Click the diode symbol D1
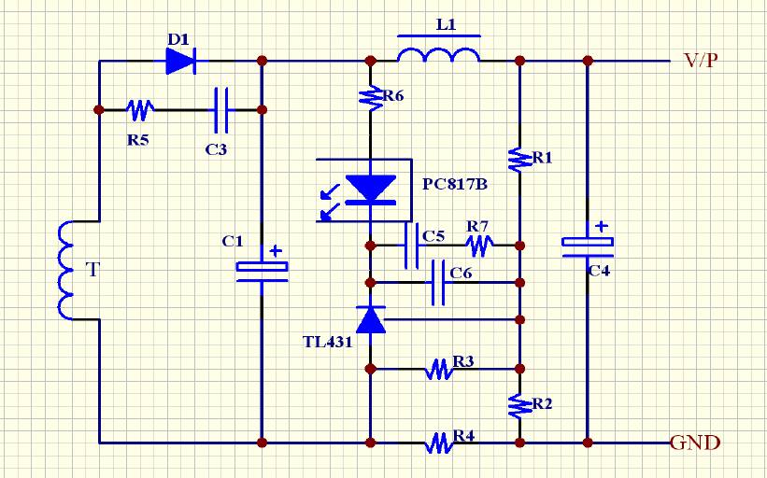pos(180,61)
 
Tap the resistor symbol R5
pos(140,110)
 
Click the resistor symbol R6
pos(371,95)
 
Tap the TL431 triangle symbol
pos(372,320)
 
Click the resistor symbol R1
pos(519,159)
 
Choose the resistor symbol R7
pos(479,246)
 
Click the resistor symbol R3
pos(439,369)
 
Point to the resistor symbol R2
pos(519,404)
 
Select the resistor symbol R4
pos(439,443)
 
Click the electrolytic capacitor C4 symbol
pos(588,245)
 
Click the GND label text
pos(695,443)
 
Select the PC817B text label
pos(456,184)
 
